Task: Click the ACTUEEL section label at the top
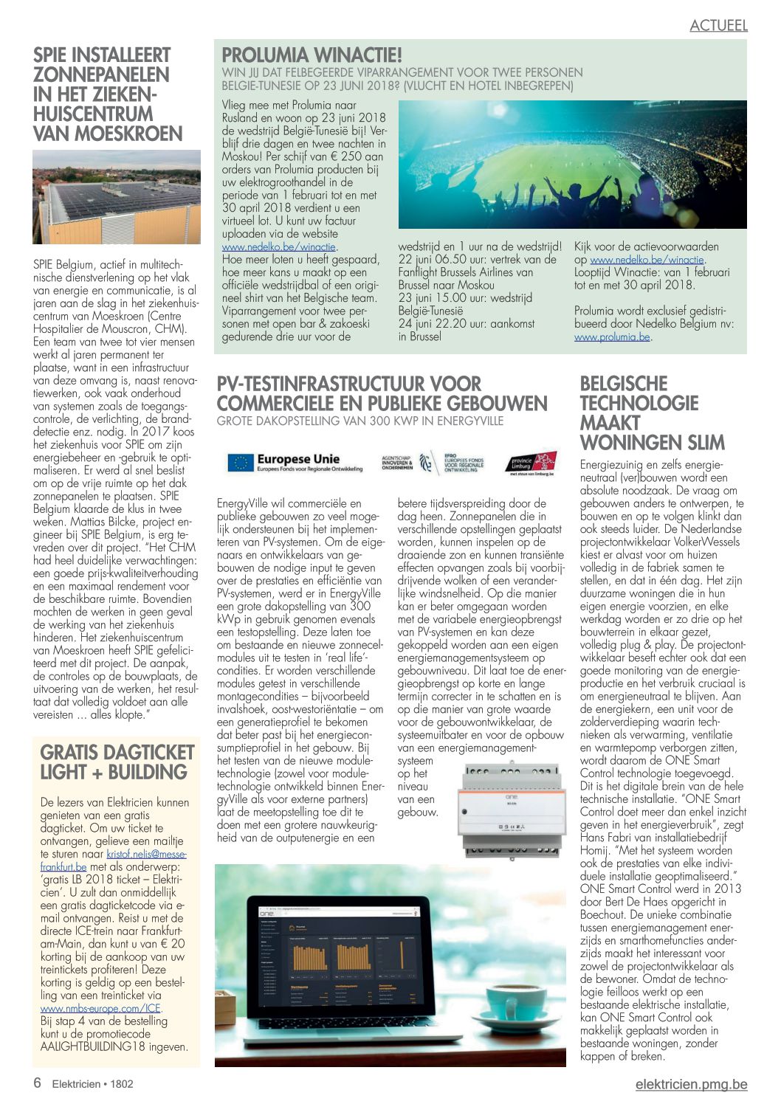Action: pyautogui.click(x=718, y=25)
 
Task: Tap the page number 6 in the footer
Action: pyautogui.click(x=37, y=1083)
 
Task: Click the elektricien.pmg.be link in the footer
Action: pyautogui.click(x=691, y=1084)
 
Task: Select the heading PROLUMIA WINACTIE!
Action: pyautogui.click(x=312, y=55)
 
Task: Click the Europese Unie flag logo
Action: pyautogui.click(x=240, y=463)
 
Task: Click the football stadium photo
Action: pyautogui.click(x=572, y=165)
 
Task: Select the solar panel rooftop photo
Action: pyautogui.click(x=117, y=197)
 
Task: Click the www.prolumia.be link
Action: pyautogui.click(x=612, y=337)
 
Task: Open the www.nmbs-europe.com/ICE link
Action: pyautogui.click(x=100, y=1008)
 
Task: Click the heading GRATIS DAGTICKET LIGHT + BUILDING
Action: pyautogui.click(x=117, y=762)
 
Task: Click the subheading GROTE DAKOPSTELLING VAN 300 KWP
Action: pyautogui.click(x=359, y=421)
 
